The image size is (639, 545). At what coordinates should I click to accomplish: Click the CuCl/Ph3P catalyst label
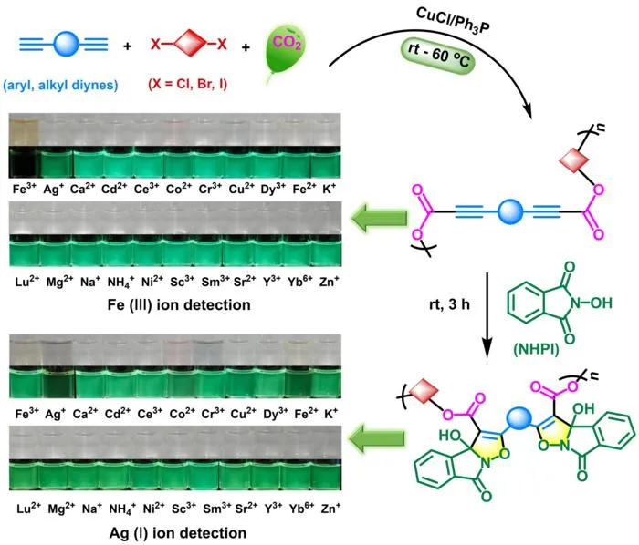[453, 23]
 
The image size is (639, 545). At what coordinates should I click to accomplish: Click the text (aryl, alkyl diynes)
[61, 85]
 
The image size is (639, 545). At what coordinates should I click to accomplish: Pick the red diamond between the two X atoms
[188, 44]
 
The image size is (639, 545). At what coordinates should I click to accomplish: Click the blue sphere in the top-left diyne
[66, 44]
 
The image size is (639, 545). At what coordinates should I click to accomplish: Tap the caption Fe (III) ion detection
[179, 304]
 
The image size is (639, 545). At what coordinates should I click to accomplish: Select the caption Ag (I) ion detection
[178, 533]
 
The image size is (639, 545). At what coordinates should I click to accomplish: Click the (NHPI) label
[537, 349]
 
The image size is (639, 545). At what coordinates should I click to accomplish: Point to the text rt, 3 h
[449, 304]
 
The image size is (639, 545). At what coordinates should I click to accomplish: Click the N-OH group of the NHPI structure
[592, 303]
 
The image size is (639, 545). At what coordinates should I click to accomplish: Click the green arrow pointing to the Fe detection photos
[380, 218]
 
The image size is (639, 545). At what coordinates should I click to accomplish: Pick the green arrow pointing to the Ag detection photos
[378, 438]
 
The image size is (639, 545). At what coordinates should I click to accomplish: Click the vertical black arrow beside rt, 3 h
[487, 315]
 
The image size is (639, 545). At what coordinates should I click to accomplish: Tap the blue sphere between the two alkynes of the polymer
[510, 211]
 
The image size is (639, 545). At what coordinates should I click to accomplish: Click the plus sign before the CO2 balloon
[246, 47]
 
